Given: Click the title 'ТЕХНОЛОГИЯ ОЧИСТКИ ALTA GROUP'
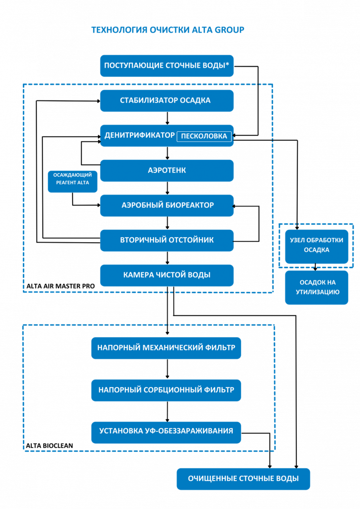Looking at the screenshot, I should point(168,30).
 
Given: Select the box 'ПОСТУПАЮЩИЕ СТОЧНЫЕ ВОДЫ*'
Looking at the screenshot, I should point(167,66).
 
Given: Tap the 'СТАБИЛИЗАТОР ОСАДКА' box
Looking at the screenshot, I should point(167,101).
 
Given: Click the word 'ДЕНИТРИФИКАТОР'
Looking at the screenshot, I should point(140,135).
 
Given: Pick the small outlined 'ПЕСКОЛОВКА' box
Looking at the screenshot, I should point(204,136).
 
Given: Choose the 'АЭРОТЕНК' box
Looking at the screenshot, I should point(167,170).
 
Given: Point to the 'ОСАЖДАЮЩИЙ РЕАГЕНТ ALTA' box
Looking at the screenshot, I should point(73,179).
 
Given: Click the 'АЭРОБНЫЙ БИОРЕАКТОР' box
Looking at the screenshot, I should point(167,205).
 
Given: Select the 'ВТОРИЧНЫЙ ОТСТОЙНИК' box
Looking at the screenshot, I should point(167,240).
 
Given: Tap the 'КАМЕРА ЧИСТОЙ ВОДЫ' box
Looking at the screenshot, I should point(167,275).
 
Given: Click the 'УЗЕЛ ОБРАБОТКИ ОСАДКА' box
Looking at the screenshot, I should point(316,245).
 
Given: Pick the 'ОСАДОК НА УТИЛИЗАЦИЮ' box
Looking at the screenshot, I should point(316,287).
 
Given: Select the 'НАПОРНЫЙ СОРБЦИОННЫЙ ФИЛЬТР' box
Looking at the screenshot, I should point(166,390).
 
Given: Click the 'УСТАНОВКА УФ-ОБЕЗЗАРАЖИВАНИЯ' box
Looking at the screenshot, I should point(166,431).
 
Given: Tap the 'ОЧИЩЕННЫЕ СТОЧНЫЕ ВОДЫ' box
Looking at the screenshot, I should point(243,479).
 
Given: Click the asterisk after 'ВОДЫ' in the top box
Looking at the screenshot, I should point(227,65).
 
